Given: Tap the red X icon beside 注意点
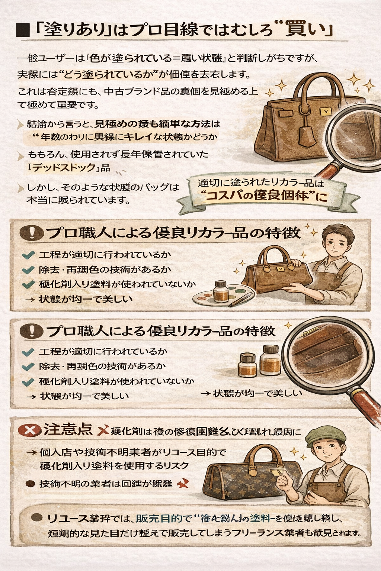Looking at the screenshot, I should pos(29,430).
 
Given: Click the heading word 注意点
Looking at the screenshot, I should pos(68,430).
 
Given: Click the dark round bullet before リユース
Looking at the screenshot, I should pos(36,517).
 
